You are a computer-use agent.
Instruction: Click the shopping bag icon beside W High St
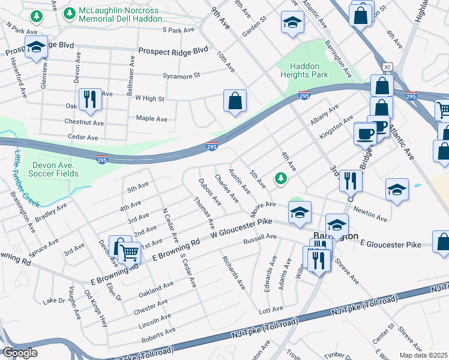(235, 100)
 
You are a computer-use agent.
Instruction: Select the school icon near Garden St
(292, 23)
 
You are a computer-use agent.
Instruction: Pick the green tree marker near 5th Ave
(280, 178)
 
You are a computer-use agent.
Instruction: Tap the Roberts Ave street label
(158, 335)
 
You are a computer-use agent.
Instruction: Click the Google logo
(20, 353)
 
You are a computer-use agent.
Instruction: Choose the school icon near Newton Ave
(397, 190)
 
